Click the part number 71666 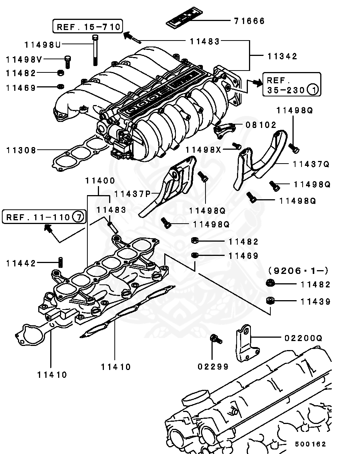[x=249, y=21]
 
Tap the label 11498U [x=42, y=45]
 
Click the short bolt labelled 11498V [x=68, y=61]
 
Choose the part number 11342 [x=282, y=56]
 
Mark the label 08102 [x=261, y=125]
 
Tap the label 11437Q [x=311, y=164]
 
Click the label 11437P [x=132, y=194]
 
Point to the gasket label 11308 [x=21, y=150]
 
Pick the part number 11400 [x=100, y=180]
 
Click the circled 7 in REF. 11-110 [x=78, y=217]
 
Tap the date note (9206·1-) [x=298, y=270]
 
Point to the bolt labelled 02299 [x=215, y=338]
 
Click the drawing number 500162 [x=310, y=444]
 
